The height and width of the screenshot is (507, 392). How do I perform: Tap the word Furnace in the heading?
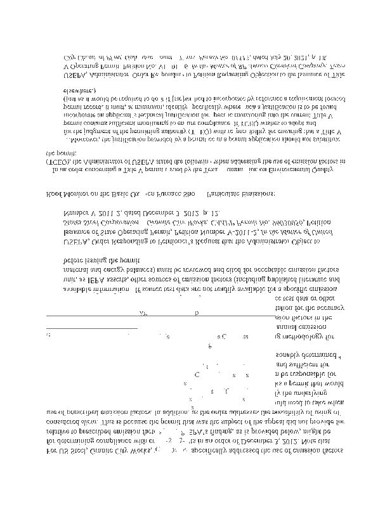[x=178, y=192]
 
